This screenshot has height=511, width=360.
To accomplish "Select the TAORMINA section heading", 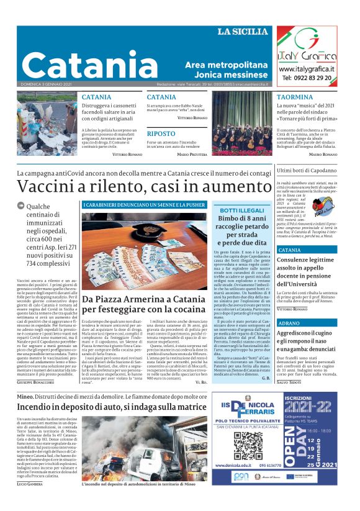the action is tap(295, 97).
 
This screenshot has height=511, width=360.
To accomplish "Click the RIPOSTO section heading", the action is tap(161, 133).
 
